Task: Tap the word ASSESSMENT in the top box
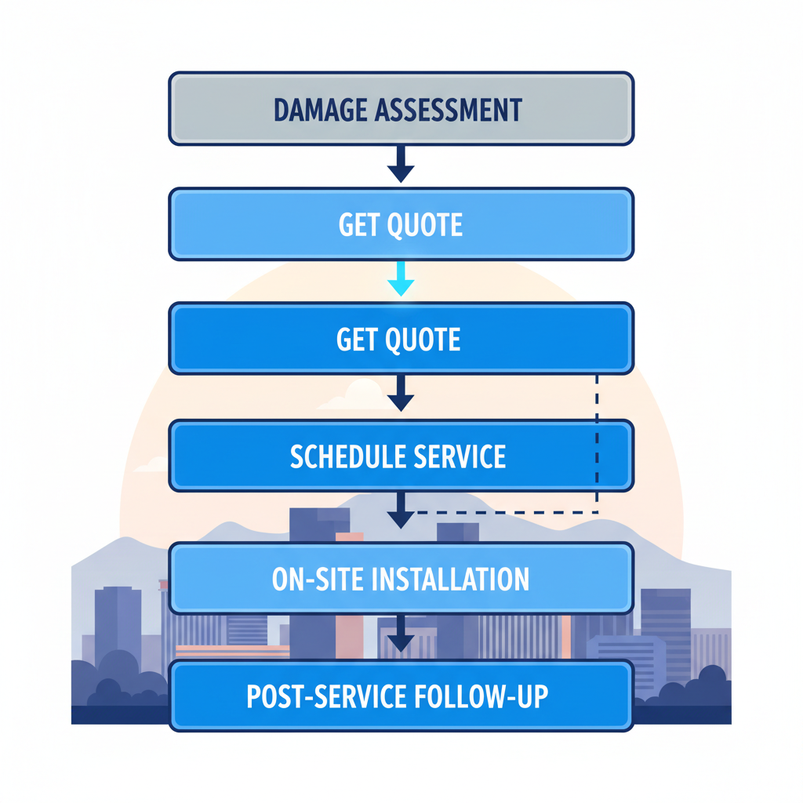(x=449, y=110)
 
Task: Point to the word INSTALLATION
(x=450, y=579)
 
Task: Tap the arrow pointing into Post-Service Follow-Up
(x=401, y=634)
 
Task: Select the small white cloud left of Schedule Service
(x=151, y=465)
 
